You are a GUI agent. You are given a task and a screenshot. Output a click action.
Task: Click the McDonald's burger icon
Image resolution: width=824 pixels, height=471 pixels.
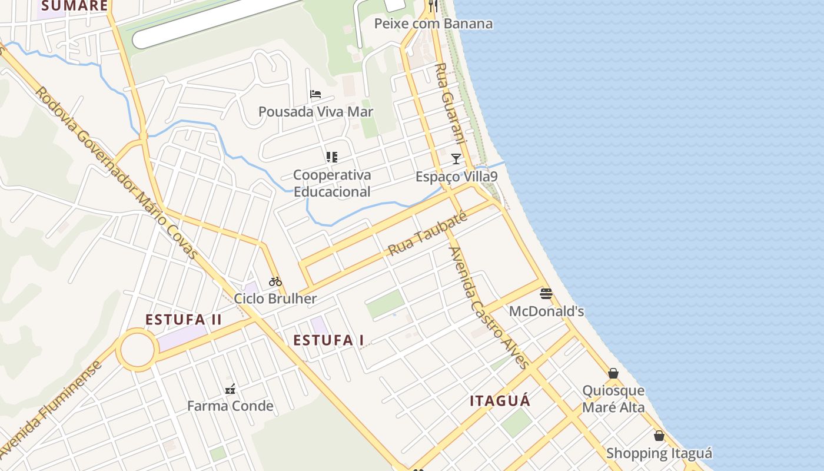click(x=546, y=294)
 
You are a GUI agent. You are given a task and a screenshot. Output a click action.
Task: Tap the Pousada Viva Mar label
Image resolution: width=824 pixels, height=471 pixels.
click(x=315, y=112)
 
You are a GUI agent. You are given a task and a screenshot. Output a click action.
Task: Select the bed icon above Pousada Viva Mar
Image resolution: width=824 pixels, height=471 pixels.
click(x=315, y=94)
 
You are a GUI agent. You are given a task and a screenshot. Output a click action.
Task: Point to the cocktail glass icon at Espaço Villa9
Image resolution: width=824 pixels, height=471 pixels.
click(x=456, y=158)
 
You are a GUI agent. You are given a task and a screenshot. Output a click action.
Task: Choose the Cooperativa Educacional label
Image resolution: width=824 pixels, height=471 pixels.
click(x=332, y=183)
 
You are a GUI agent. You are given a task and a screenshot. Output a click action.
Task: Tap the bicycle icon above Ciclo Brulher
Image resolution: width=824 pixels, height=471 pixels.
click(x=275, y=281)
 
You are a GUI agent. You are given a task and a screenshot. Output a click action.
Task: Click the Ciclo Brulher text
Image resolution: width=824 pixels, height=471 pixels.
click(x=275, y=298)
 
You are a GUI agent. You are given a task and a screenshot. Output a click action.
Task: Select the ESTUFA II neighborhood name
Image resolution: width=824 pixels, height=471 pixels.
click(x=184, y=320)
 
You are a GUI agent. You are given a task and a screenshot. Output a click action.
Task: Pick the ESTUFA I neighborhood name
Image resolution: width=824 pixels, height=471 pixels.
click(x=328, y=340)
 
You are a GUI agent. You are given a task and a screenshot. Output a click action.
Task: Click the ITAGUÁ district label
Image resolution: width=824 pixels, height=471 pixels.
click(x=500, y=402)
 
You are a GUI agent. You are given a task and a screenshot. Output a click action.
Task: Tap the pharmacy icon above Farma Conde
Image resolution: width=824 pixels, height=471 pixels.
click(x=230, y=389)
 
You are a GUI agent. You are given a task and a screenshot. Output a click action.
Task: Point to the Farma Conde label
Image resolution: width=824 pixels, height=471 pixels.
click(x=230, y=406)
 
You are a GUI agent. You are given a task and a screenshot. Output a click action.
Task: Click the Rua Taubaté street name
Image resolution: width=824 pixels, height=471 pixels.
click(x=427, y=234)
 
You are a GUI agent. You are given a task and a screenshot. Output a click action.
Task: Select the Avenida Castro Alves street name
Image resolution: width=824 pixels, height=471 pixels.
click(x=488, y=307)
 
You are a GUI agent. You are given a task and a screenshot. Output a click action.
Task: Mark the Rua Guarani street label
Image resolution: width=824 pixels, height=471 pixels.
click(x=450, y=102)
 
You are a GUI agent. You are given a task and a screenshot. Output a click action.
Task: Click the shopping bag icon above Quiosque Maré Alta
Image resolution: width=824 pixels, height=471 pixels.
click(x=613, y=373)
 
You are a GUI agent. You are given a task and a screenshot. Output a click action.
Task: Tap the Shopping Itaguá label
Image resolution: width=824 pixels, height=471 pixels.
click(x=659, y=453)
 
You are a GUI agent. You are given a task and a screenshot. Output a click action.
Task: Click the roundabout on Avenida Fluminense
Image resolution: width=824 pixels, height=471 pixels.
click(x=137, y=350)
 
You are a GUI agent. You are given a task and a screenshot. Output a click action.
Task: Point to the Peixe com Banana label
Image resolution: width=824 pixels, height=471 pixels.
click(x=433, y=24)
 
